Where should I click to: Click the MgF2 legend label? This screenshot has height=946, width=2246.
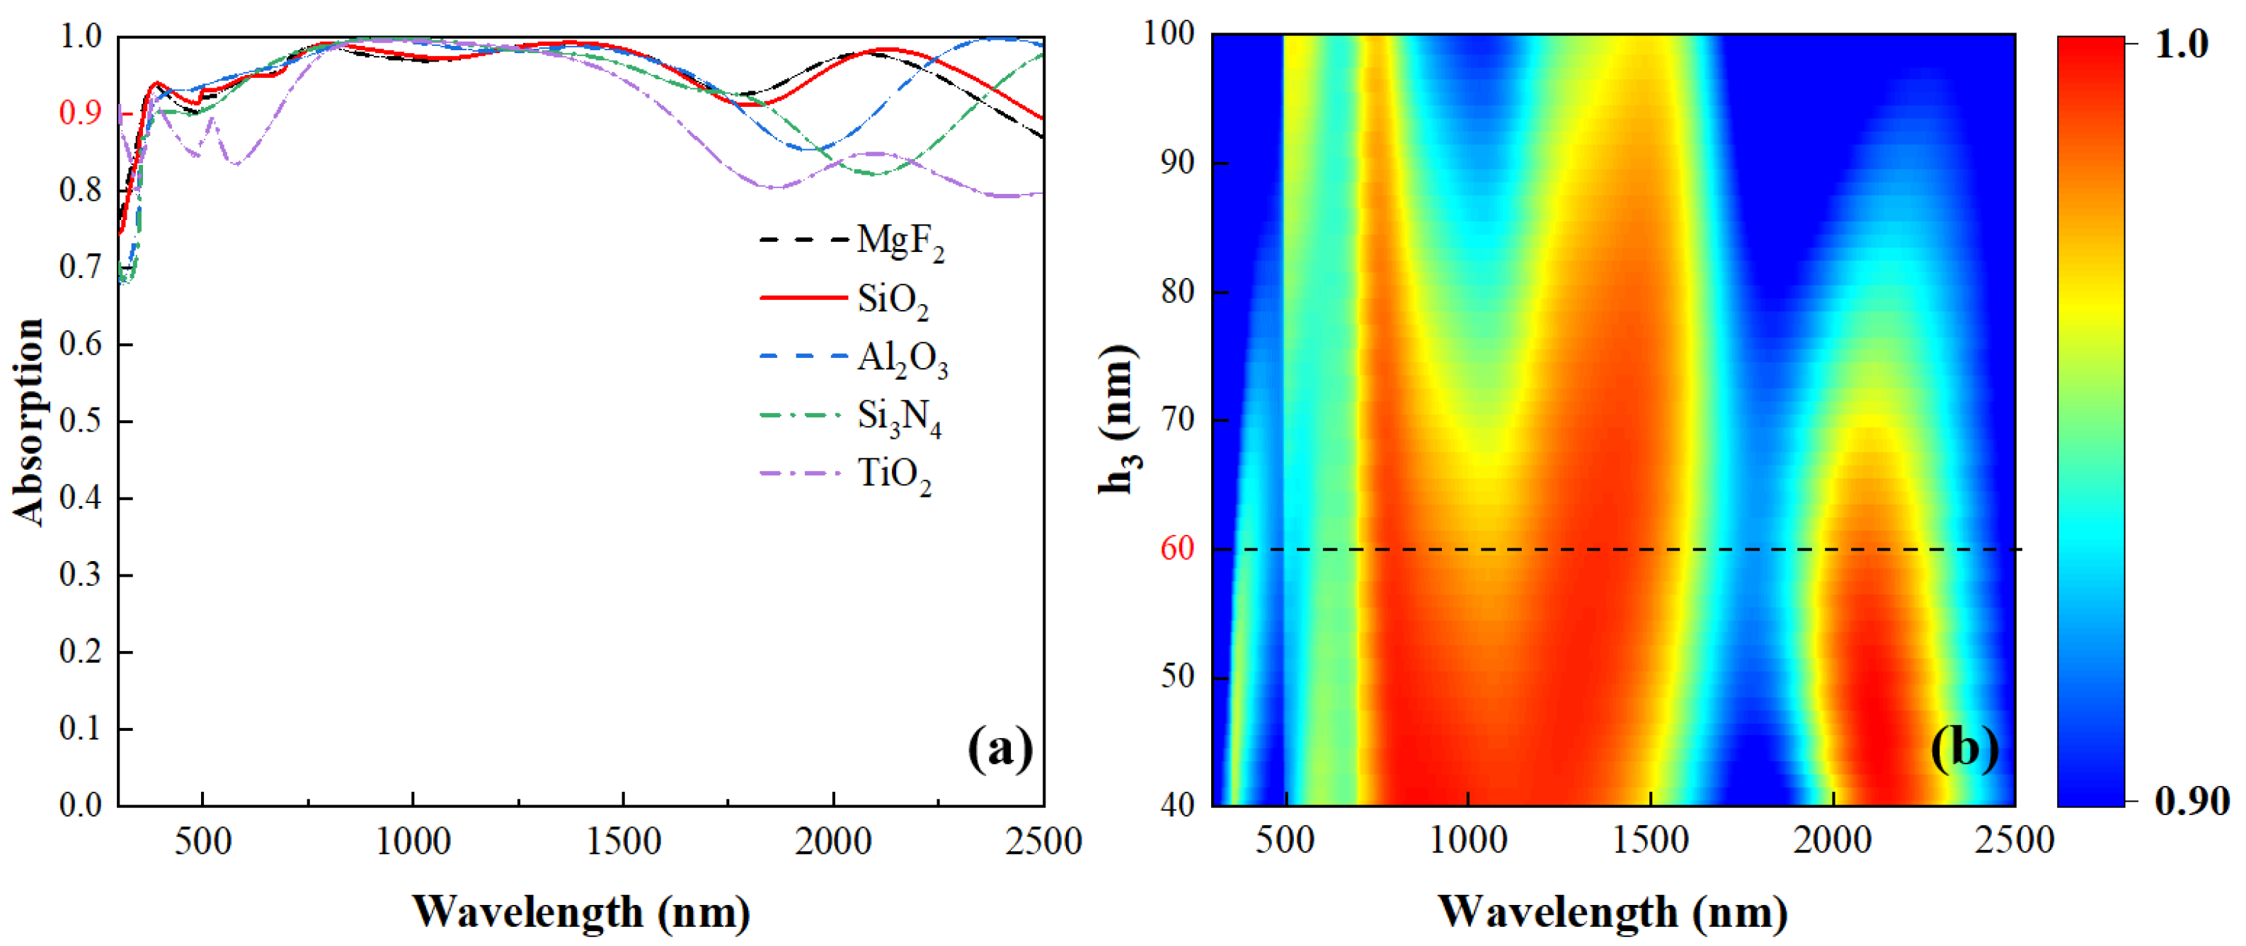[x=899, y=241]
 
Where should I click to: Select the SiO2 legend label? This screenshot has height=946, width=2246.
[x=893, y=300]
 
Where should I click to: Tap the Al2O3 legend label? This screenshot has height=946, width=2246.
[x=902, y=358]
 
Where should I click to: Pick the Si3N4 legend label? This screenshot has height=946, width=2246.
[x=898, y=417]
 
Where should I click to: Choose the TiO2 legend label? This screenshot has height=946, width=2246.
[x=895, y=475]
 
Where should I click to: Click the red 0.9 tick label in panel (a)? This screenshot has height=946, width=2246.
[x=80, y=113]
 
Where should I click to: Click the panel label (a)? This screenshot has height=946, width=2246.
[x=999, y=748]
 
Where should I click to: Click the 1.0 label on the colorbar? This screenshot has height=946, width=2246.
[x=2181, y=44]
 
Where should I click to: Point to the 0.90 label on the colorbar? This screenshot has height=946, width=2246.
[x=2191, y=800]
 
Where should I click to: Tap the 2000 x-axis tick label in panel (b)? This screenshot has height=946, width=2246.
[x=1832, y=841]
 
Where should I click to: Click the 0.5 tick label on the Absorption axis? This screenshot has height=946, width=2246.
[x=80, y=421]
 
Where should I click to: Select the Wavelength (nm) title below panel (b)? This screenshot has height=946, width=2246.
[x=1612, y=912]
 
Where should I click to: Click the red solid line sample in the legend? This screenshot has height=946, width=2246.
[x=802, y=298]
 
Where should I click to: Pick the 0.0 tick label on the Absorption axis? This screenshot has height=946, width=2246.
[x=80, y=804]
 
